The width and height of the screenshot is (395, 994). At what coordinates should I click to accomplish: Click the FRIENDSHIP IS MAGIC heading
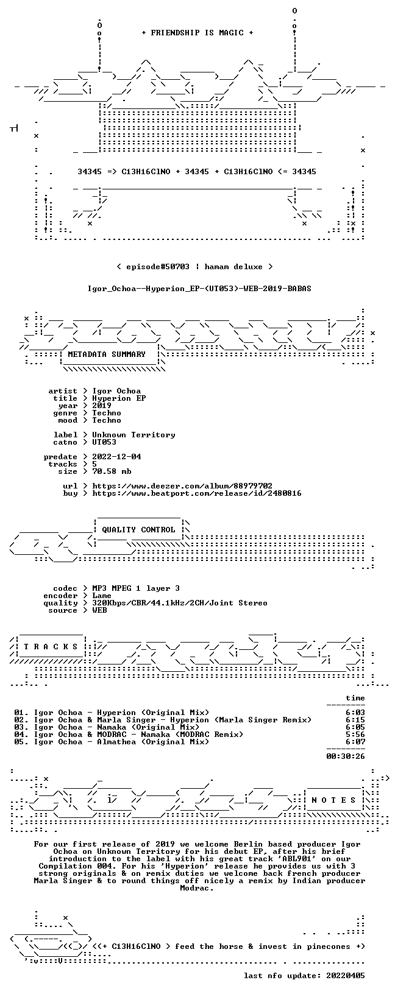pyautogui.click(x=197, y=33)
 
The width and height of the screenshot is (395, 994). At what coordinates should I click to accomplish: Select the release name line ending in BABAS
pyautogui.click(x=199, y=289)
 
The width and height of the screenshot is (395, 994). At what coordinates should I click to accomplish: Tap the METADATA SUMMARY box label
pyautogui.click(x=107, y=354)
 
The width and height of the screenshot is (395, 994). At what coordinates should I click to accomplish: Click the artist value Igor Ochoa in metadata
pyautogui.click(x=116, y=391)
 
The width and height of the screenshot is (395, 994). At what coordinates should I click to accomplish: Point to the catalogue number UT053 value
pyautogui.click(x=104, y=442)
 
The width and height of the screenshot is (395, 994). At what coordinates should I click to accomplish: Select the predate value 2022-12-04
pyautogui.click(x=116, y=457)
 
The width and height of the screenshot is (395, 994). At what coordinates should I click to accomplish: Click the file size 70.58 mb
pyautogui.click(x=112, y=471)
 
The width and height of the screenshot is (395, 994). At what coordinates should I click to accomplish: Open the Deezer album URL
pyautogui.click(x=182, y=486)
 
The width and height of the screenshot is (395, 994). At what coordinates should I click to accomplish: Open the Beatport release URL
pyautogui.click(x=197, y=493)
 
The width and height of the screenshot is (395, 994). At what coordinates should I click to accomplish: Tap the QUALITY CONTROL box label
pyautogui.click(x=138, y=530)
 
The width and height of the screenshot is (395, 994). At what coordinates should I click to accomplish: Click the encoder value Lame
pyautogui.click(x=102, y=596)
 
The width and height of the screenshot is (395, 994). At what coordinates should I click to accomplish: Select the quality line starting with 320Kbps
pyautogui.click(x=179, y=603)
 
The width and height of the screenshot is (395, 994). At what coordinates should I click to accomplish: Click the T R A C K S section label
pyautogui.click(x=51, y=647)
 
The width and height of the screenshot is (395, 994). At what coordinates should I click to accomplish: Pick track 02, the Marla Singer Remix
pyautogui.click(x=163, y=720)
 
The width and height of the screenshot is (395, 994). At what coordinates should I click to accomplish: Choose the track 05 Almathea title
pyautogui.click(x=112, y=741)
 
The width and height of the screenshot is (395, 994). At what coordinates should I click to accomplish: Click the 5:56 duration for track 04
pyautogui.click(x=355, y=735)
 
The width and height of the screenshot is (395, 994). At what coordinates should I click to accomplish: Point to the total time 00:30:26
pyautogui.click(x=345, y=756)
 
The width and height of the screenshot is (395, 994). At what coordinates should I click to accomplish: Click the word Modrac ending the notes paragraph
pyautogui.click(x=194, y=888)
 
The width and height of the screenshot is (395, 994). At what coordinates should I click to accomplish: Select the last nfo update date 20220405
pyautogui.click(x=345, y=975)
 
